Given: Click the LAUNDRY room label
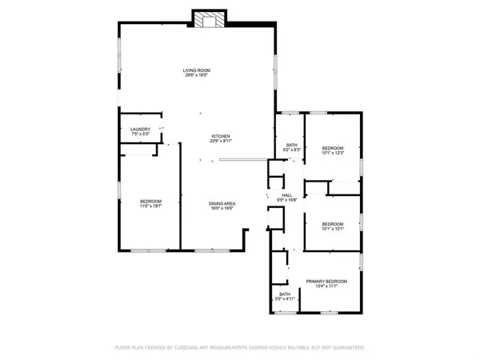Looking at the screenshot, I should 141,129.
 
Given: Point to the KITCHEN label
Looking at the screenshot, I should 221,136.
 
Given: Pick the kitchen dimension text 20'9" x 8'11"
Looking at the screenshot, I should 221,142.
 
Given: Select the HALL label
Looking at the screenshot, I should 286,194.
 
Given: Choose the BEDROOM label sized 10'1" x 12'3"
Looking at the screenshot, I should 333,148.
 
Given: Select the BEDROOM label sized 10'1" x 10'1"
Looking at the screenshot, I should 333,223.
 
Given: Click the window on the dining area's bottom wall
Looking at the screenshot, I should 205,250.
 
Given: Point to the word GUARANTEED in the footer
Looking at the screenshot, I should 348,348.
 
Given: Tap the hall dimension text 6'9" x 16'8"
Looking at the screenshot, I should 286,200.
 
